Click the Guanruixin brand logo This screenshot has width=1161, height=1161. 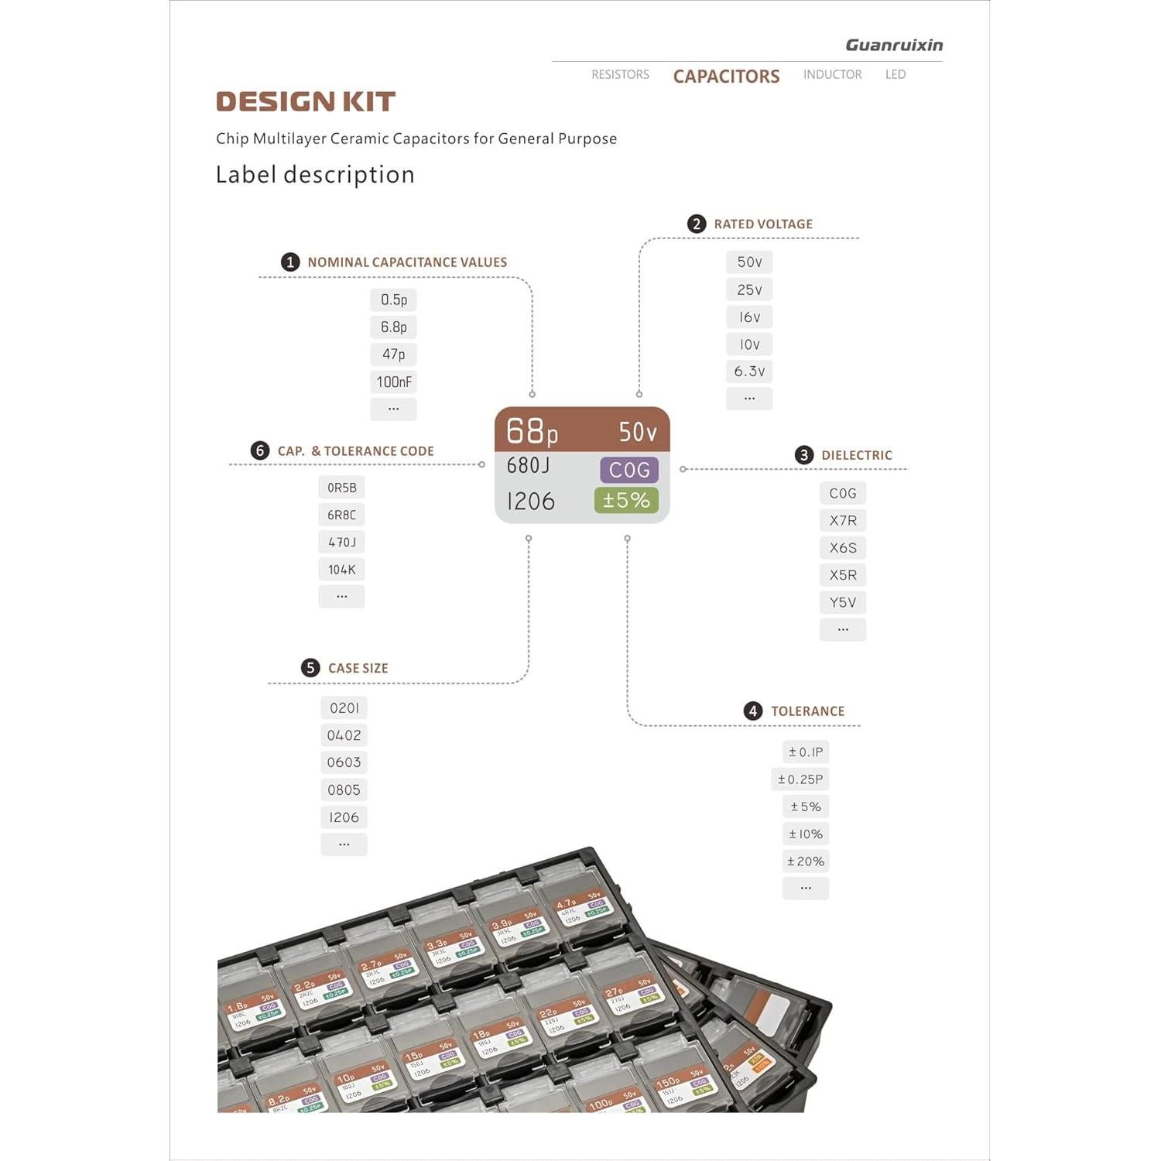click(894, 45)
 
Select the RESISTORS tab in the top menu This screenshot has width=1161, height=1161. click(620, 74)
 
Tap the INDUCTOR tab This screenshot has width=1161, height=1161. click(832, 74)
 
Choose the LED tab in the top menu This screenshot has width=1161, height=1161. click(896, 74)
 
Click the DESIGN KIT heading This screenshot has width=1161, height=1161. click(306, 101)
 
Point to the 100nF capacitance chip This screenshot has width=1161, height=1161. click(394, 382)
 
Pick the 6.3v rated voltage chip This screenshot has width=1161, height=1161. click(749, 372)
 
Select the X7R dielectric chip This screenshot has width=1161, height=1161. click(843, 520)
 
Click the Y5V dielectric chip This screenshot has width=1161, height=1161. click(843, 602)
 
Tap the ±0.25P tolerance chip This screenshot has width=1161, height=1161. click(800, 779)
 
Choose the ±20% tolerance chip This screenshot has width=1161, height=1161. click(806, 861)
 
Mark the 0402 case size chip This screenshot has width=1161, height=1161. click(344, 735)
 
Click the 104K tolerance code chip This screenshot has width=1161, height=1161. click(341, 570)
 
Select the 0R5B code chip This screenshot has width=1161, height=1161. click(341, 488)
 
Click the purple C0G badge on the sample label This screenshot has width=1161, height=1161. click(629, 470)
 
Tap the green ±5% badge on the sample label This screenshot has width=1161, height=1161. click(626, 501)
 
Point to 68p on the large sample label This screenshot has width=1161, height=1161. click(532, 431)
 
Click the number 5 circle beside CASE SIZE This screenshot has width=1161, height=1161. click(310, 668)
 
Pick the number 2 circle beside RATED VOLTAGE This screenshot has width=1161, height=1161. click(697, 224)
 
